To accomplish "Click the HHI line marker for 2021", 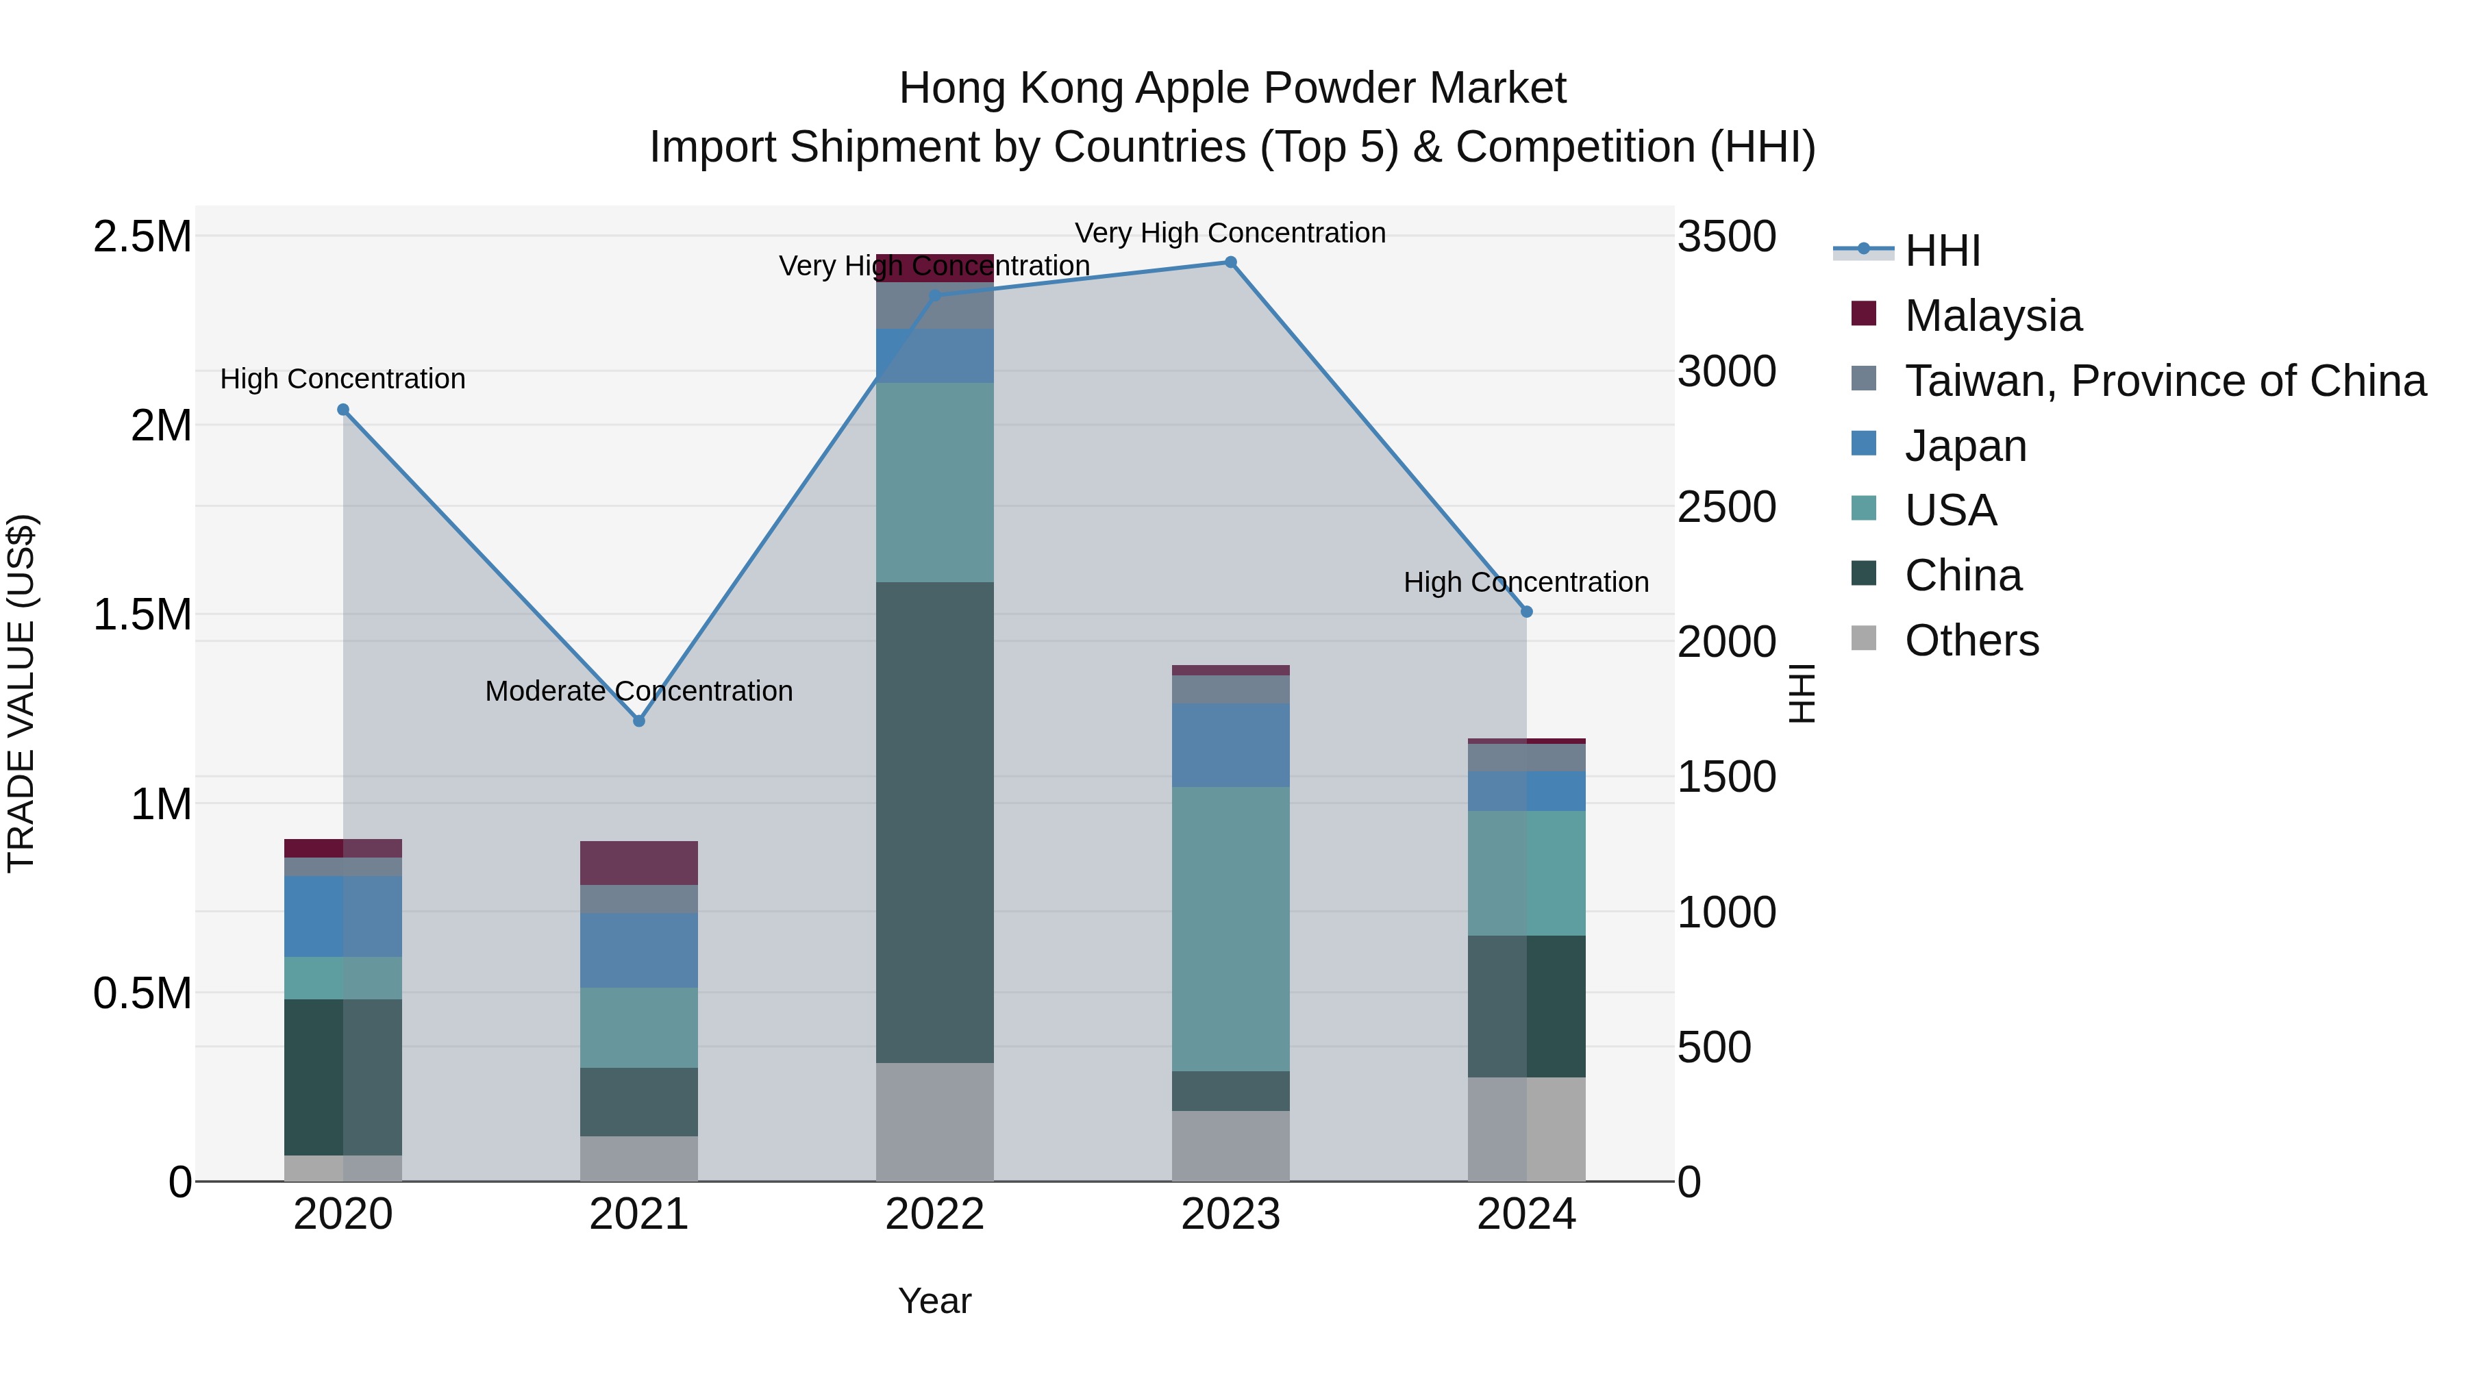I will pyautogui.click(x=640, y=721).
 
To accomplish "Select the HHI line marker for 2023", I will pyautogui.click(x=1231, y=262).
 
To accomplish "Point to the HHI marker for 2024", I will pyautogui.click(x=1527, y=612).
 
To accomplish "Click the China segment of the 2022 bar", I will pyautogui.click(x=935, y=823).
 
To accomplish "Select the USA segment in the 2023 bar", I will pyautogui.click(x=1231, y=929).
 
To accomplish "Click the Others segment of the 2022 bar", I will pyautogui.click(x=935, y=1122).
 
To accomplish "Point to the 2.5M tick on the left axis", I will pyautogui.click(x=142, y=236).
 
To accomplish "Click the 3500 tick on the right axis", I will pyautogui.click(x=1726, y=236).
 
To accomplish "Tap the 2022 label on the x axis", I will pyautogui.click(x=935, y=1214).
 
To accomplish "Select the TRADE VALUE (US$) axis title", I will pyautogui.click(x=21, y=693).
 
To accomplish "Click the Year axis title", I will pyautogui.click(x=934, y=1301).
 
